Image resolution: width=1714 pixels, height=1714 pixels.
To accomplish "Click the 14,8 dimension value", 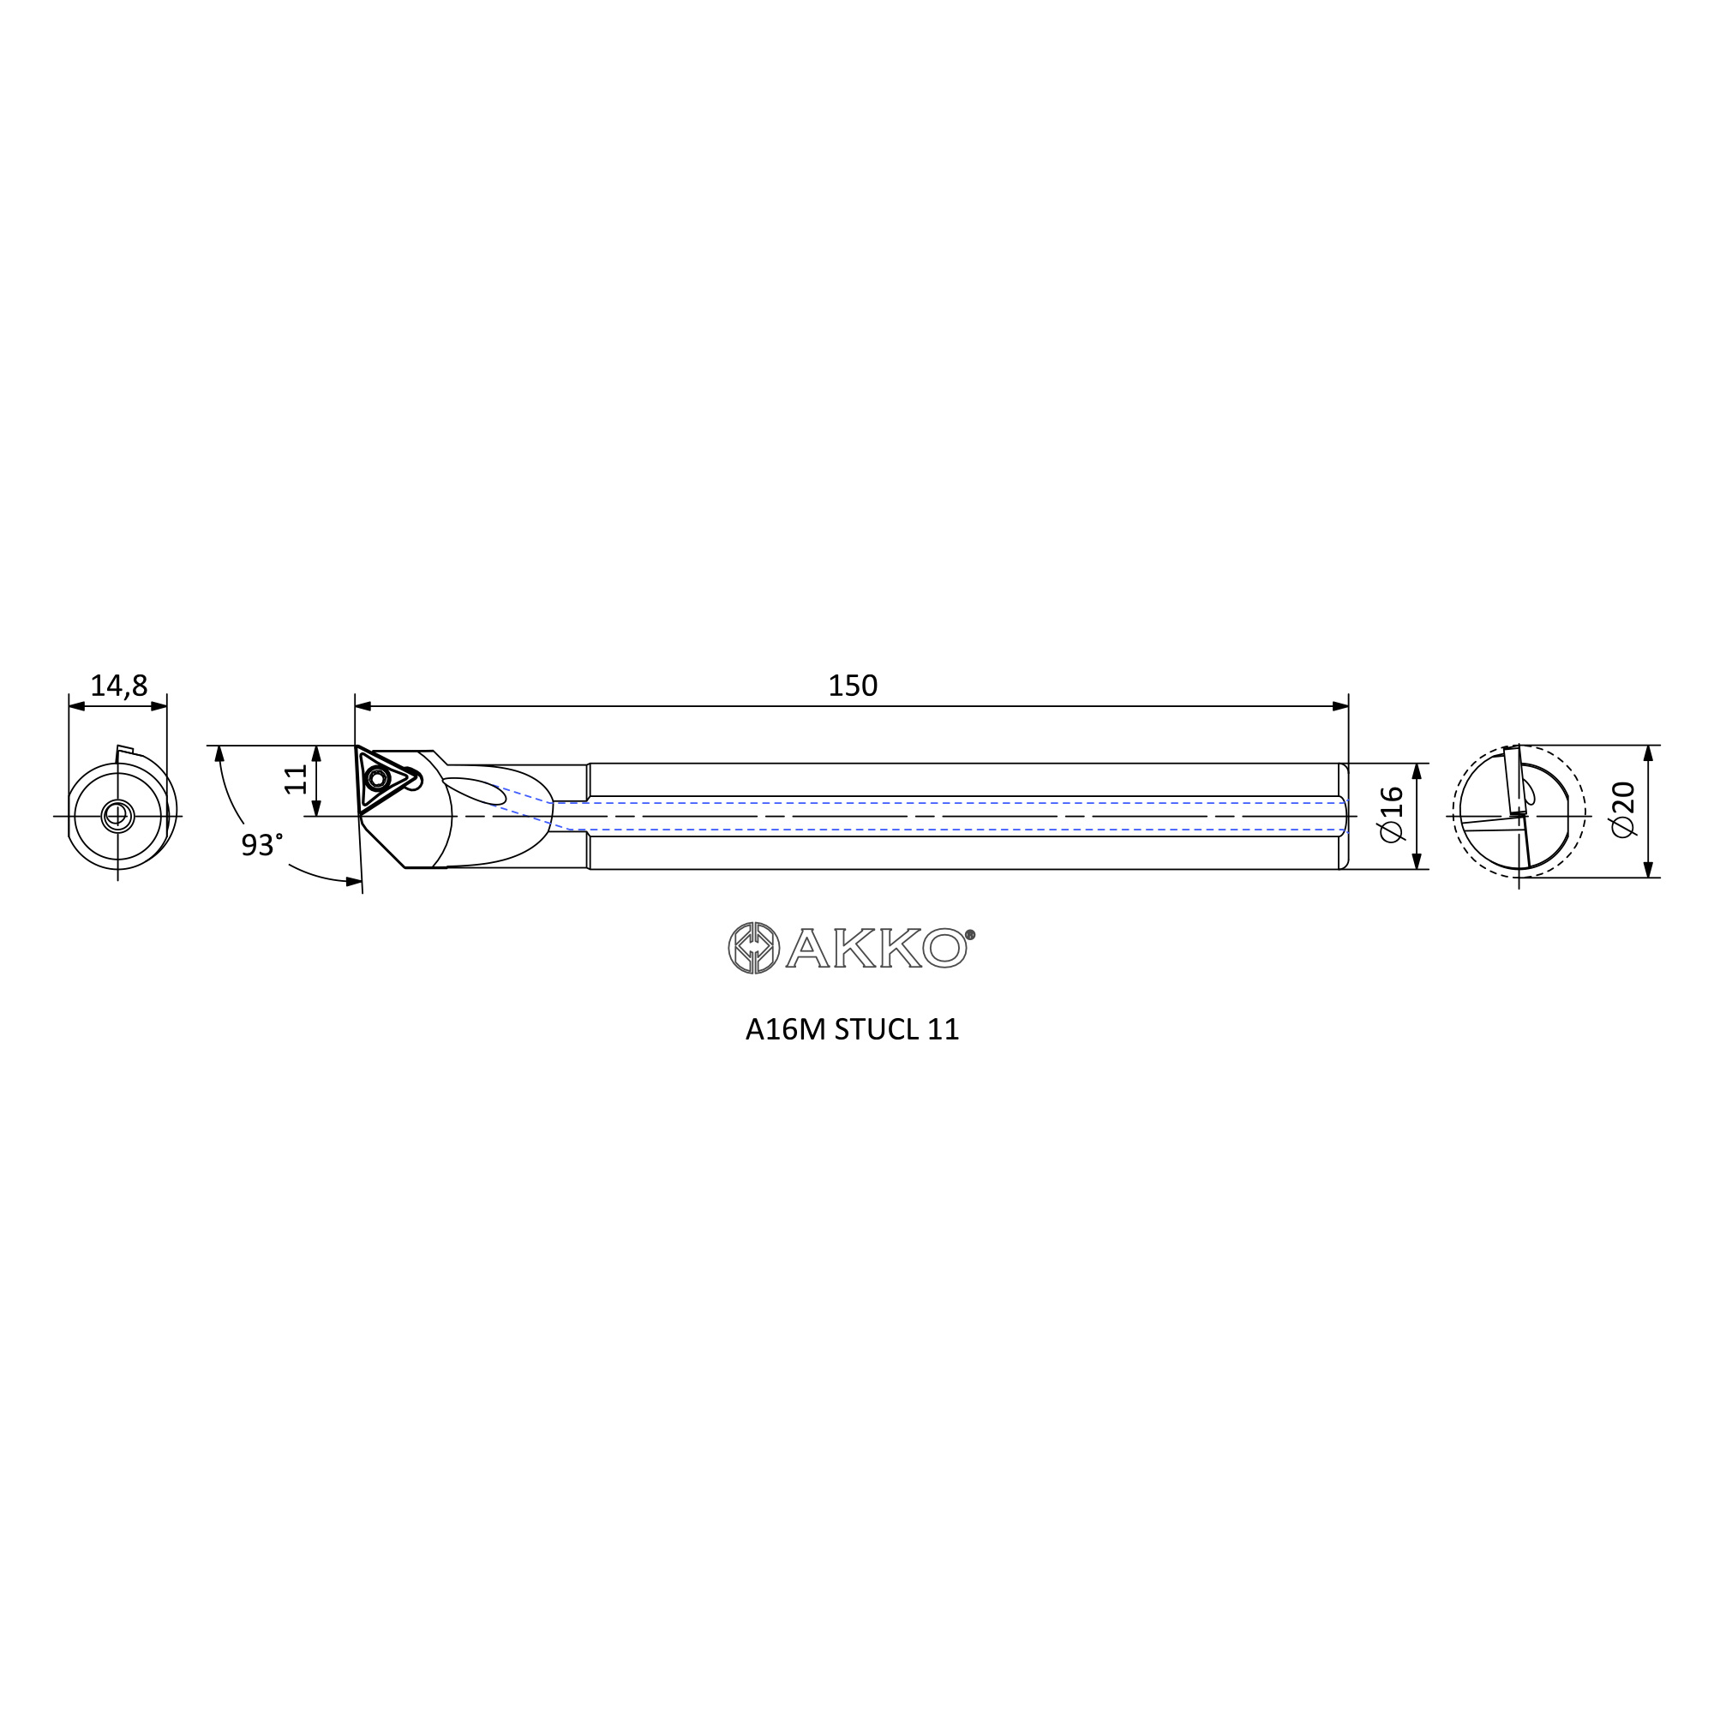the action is tap(119, 686).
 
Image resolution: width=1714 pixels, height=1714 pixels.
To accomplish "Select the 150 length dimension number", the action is tap(853, 686).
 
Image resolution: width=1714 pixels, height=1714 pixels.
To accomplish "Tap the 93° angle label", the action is tap(261, 845).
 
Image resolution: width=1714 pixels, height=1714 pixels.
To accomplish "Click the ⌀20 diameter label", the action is tap(1622, 809).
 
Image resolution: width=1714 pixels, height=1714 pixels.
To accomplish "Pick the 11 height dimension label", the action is tap(297, 779).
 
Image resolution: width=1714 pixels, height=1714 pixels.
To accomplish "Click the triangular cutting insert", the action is tap(384, 780).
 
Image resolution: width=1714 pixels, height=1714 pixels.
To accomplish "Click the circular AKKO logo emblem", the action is tap(753, 948).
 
